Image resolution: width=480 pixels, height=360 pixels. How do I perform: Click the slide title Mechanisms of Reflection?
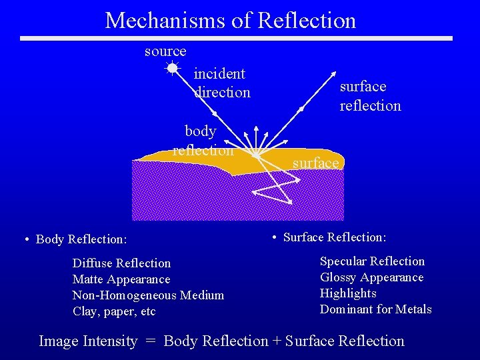(x=231, y=20)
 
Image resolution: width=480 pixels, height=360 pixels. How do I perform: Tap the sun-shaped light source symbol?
(x=172, y=67)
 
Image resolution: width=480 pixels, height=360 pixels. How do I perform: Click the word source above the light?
(x=165, y=51)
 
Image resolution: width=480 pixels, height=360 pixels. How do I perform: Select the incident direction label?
(x=221, y=83)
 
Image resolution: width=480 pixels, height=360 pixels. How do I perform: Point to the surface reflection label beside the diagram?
(x=370, y=96)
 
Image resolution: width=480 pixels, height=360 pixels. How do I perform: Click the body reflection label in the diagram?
(x=202, y=140)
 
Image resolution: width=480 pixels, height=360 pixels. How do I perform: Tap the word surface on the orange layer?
(x=316, y=163)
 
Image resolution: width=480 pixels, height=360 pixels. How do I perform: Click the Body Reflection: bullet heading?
(x=81, y=239)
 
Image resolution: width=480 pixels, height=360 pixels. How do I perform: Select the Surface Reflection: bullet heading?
(x=335, y=237)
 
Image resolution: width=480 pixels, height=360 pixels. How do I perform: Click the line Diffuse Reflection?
(x=121, y=263)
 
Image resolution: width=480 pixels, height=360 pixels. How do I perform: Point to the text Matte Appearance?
(x=121, y=279)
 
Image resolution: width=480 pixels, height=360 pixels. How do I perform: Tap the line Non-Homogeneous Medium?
(x=148, y=295)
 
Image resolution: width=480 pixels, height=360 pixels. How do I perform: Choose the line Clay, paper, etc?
(x=114, y=311)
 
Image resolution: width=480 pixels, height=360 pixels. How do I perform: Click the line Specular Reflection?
(x=372, y=261)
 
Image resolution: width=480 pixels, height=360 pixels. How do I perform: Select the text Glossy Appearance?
(x=371, y=277)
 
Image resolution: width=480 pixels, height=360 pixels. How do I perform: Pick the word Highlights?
(x=348, y=293)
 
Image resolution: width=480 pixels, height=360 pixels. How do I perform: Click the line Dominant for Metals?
(x=375, y=309)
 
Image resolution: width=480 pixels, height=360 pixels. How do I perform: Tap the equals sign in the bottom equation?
(x=151, y=341)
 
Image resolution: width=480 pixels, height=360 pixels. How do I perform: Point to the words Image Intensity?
(x=88, y=341)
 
